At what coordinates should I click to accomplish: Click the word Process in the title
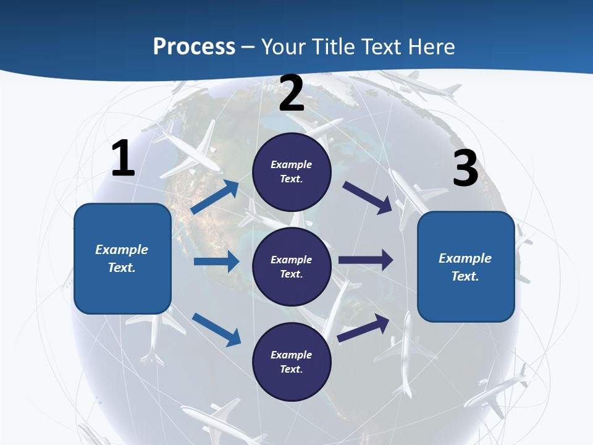click(x=194, y=47)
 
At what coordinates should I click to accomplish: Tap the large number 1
click(x=123, y=159)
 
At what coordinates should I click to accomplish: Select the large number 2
click(x=292, y=93)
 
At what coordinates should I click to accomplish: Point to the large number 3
click(x=465, y=169)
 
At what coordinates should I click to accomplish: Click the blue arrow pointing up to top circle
click(x=215, y=197)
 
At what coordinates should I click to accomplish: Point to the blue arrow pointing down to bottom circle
click(x=216, y=329)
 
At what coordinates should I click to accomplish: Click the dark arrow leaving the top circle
click(x=368, y=198)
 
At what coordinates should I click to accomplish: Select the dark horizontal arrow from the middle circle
click(x=366, y=260)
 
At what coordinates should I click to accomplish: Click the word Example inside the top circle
click(x=292, y=164)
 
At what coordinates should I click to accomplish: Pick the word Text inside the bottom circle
click(x=290, y=369)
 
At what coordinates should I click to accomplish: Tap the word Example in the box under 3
click(x=465, y=258)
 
